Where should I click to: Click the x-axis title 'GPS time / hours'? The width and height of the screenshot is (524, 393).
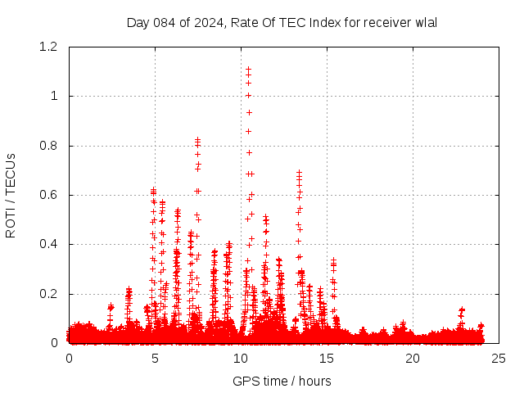coord(282,381)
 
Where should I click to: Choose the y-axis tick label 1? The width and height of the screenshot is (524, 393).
coord(54,96)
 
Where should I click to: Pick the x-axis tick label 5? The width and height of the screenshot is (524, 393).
coord(155,359)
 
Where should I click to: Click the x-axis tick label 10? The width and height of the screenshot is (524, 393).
coord(241,359)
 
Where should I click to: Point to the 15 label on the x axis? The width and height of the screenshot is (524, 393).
coord(327,359)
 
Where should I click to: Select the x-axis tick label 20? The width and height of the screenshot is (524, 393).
coord(413,359)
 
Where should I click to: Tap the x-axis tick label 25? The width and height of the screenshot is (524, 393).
coord(499,359)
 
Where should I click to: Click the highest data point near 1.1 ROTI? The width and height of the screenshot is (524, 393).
coord(248,70)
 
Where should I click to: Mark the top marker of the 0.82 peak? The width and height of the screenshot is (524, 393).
coord(197,140)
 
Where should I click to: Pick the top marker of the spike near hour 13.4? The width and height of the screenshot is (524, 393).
coord(299,173)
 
